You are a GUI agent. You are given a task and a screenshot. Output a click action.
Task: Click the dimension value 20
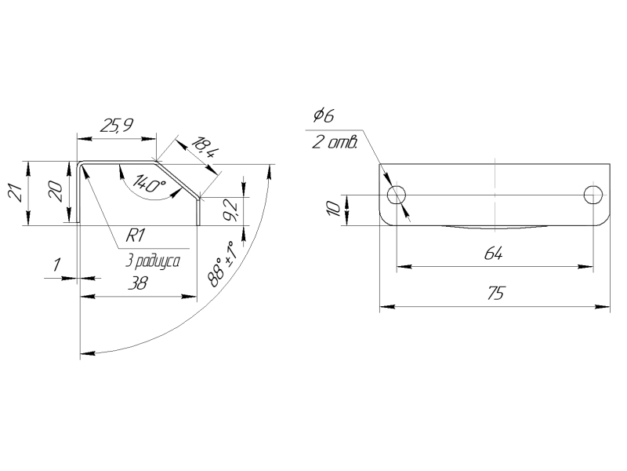[55, 192]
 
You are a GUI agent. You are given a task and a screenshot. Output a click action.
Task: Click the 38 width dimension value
[138, 286]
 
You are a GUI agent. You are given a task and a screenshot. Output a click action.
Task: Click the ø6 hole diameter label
[323, 116]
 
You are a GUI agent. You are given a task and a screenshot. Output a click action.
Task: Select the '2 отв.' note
[334, 142]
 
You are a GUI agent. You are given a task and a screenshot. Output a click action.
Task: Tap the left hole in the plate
[397, 194]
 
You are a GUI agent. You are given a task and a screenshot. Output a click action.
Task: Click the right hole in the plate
[593, 194]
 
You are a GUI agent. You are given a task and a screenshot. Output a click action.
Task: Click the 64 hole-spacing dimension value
[493, 255]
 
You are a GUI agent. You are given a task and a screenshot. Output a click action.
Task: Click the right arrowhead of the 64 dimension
[589, 267]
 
